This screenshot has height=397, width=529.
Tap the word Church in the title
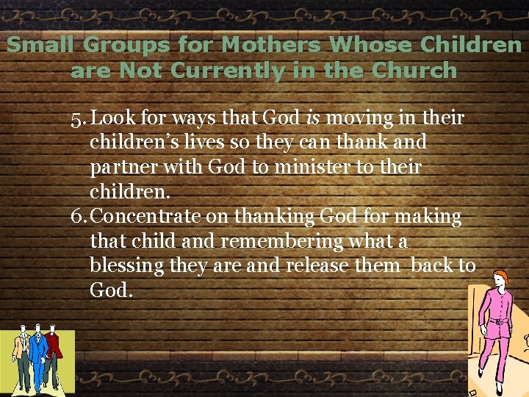pyautogui.click(x=414, y=71)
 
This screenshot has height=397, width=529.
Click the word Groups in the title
pyautogui.click(x=124, y=46)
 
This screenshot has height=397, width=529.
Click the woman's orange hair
pyautogui.click(x=501, y=277)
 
